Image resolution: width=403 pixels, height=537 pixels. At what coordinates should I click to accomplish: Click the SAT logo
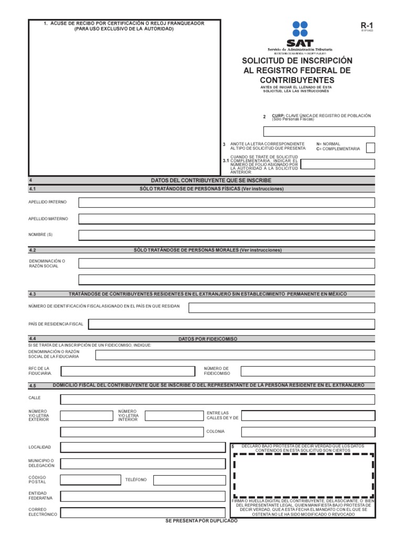coord(300,34)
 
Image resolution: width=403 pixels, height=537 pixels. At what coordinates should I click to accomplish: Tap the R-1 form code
coord(366,25)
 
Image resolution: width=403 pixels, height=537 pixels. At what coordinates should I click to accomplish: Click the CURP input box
coord(319,132)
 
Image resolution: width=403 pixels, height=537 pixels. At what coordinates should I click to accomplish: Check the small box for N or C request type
coord(370,147)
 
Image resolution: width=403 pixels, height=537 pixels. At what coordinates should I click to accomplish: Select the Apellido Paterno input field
coord(227,202)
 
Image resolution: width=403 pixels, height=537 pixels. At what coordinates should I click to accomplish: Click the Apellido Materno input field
coord(227,219)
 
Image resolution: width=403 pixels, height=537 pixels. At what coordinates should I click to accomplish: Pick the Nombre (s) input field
coord(227,235)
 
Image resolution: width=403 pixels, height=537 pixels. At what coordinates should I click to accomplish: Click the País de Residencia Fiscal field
coord(231,324)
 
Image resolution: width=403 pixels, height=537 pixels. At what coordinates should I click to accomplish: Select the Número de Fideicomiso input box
coord(308,371)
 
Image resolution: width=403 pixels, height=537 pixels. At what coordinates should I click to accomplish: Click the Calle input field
coord(218,400)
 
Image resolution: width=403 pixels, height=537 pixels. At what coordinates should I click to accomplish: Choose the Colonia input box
coord(308,432)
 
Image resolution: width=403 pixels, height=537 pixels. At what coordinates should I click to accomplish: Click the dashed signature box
coord(303,476)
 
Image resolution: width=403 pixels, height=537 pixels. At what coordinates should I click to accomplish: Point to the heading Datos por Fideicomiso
coord(208,339)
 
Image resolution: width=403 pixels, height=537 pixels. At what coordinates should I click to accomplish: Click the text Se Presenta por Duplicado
coord(201,521)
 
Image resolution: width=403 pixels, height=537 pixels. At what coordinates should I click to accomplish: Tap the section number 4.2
coord(33,250)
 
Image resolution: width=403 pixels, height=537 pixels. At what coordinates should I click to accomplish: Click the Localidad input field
coord(142,447)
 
